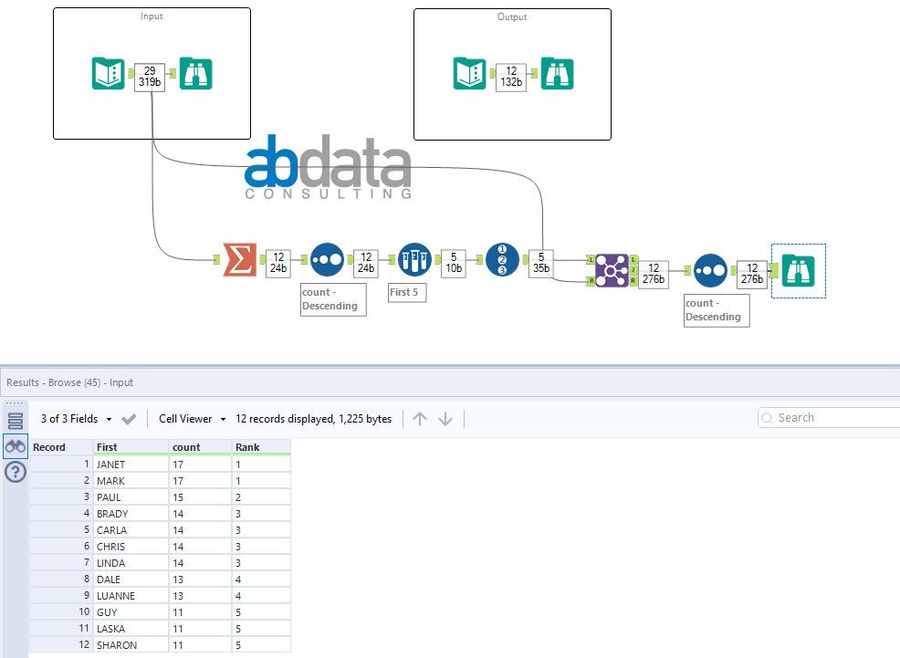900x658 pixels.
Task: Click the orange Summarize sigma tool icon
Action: click(x=239, y=260)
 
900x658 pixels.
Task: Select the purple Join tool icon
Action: click(x=612, y=270)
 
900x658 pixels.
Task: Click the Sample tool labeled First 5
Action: click(x=414, y=259)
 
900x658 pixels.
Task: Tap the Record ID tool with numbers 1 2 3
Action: click(x=502, y=259)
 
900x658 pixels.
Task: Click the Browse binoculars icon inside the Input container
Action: click(x=195, y=73)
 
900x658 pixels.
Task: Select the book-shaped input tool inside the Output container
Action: click(x=469, y=73)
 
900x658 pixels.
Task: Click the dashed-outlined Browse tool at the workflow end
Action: click(x=799, y=271)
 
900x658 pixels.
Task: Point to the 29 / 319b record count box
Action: click(x=150, y=77)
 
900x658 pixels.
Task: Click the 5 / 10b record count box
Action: click(x=454, y=263)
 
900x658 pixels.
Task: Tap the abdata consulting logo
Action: click(x=328, y=167)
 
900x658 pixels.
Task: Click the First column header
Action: click(x=131, y=447)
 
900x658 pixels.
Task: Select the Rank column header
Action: click(x=261, y=447)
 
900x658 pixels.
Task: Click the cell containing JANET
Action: click(x=131, y=465)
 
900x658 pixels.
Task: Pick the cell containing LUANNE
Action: click(x=131, y=596)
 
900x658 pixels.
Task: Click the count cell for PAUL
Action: click(x=200, y=497)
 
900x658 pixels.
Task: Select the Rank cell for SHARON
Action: click(x=261, y=645)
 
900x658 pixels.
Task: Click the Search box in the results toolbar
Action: click(x=829, y=418)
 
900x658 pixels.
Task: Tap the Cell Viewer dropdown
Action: click(x=193, y=419)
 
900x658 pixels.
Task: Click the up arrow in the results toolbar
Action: click(x=420, y=419)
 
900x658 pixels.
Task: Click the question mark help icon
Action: click(x=16, y=472)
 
